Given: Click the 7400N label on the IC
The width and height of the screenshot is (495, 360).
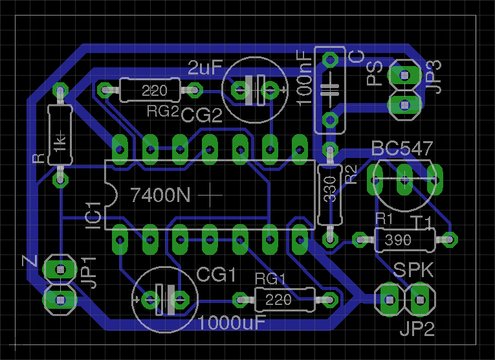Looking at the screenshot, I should click(160, 194).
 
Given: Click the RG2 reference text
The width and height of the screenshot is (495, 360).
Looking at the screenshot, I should click(162, 111).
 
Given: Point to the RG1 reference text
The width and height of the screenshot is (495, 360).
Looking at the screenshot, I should click(270, 278).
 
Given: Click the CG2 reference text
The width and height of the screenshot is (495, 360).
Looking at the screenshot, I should click(201, 117).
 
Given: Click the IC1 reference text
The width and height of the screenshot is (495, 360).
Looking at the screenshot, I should click(93, 214).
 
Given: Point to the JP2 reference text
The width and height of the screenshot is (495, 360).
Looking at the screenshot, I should click(416, 329).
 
